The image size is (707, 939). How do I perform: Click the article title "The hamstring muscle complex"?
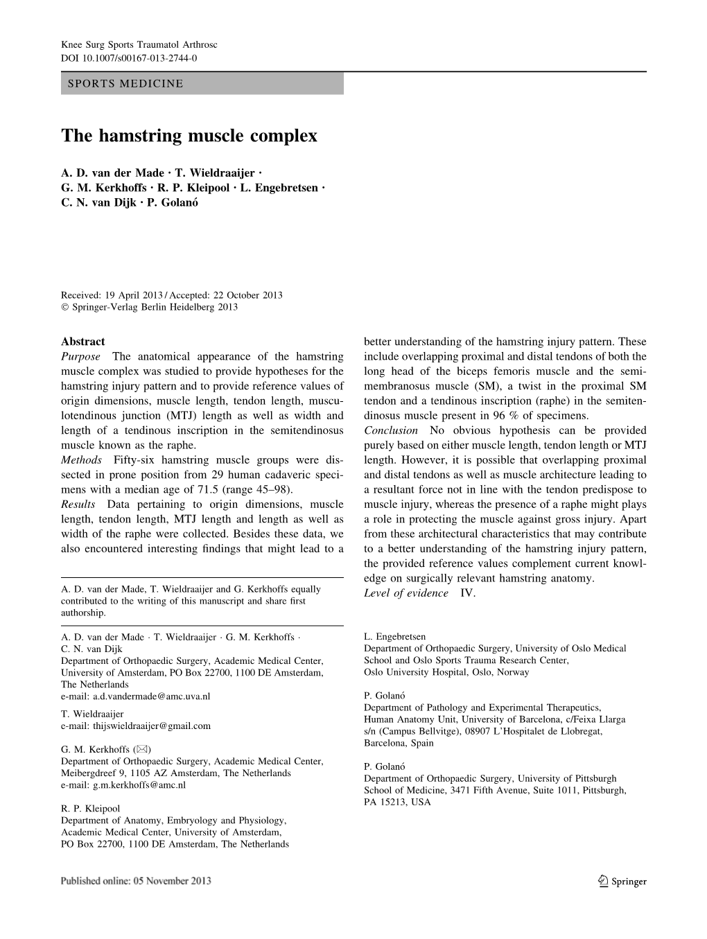189,136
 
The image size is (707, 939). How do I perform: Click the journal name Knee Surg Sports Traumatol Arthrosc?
139,44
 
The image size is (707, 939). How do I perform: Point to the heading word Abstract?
83,342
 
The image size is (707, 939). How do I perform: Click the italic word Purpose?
80,357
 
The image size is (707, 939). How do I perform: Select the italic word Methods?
81,460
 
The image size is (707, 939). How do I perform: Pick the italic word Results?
80,504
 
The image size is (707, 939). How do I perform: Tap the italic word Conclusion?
391,430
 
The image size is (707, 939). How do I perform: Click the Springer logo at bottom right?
621,881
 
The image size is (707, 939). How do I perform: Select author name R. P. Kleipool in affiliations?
90,808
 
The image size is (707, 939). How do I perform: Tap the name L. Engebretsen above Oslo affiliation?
394,636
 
